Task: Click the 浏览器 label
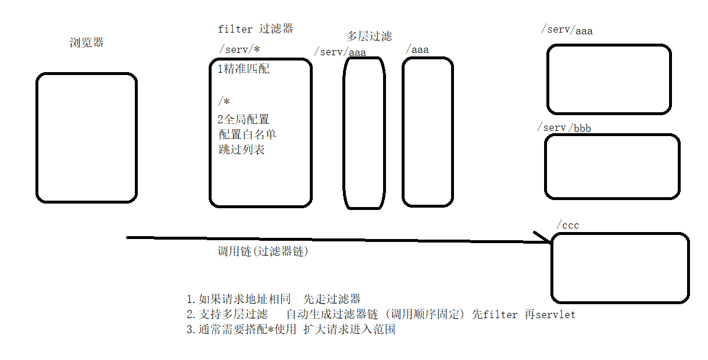[87, 42]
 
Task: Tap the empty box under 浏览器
[87, 138]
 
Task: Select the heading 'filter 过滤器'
[255, 28]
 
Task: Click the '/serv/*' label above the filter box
[239, 49]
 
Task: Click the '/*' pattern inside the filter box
[224, 102]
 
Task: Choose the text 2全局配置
[244, 120]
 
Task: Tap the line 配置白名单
[247, 134]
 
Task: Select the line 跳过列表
[241, 149]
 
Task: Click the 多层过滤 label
[369, 36]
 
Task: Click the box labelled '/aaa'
[428, 132]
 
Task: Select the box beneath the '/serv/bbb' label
[612, 166]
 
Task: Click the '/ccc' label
[568, 225]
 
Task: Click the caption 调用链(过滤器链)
[262, 252]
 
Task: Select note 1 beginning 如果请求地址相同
[274, 300]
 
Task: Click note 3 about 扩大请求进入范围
[291, 330]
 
